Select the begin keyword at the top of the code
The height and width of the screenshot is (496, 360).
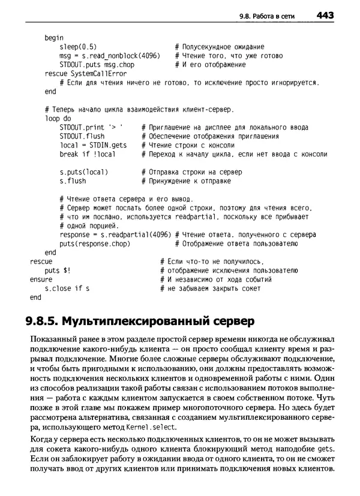[x=54, y=38]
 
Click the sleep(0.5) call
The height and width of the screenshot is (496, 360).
[x=79, y=47]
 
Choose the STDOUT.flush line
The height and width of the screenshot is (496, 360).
[x=82, y=137]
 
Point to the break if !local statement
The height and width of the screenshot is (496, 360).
[x=88, y=155]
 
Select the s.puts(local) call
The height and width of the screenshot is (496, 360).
[x=83, y=172]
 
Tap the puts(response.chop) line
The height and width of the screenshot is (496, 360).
[x=95, y=244]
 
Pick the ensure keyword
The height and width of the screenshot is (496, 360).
[x=41, y=279]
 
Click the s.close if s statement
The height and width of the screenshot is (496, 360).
[x=67, y=288]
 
